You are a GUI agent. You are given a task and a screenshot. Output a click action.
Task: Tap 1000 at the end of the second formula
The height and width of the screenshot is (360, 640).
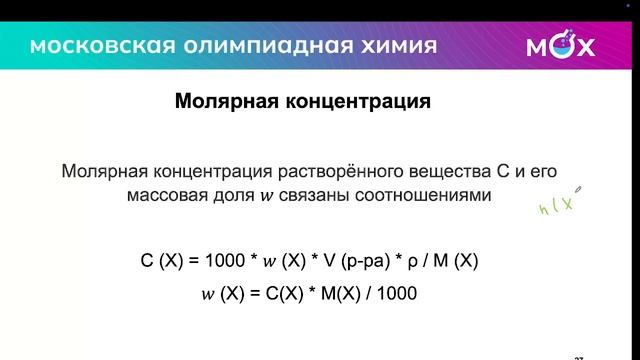click(x=397, y=295)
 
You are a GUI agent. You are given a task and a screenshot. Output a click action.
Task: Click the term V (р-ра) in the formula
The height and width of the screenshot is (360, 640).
click(x=351, y=262)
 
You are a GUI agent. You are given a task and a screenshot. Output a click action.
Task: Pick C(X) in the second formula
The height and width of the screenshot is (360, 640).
click(x=273, y=295)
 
